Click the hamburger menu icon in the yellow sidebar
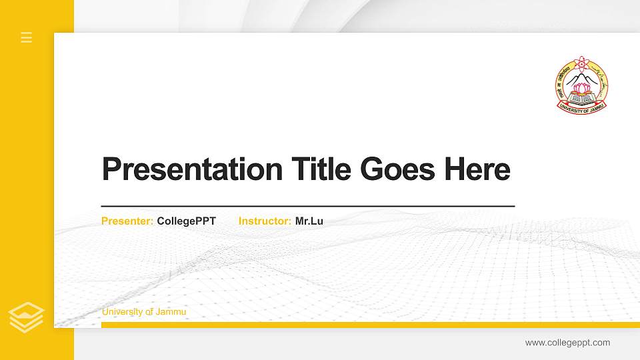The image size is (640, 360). point(26,37)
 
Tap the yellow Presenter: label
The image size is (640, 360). point(127,221)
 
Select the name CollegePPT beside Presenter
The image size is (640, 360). point(187,221)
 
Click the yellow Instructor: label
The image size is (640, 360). point(265,221)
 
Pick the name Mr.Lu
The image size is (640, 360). point(309,221)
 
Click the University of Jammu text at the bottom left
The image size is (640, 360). point(144,312)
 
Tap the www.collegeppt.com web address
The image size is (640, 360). point(567,343)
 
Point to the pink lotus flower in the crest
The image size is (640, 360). point(582,88)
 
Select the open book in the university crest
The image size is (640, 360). point(581,99)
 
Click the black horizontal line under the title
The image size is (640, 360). point(308,207)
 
